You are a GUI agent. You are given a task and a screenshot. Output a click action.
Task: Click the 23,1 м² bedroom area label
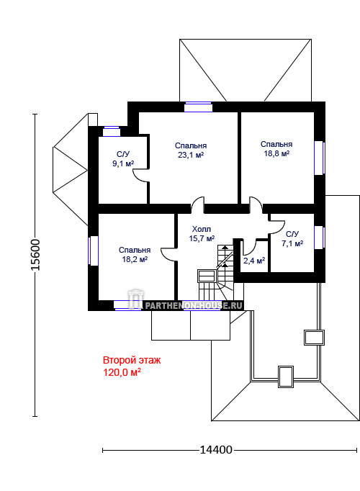[191, 155]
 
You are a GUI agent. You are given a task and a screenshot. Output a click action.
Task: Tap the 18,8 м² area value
[276, 153]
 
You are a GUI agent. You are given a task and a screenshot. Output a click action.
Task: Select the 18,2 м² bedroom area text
[135, 259]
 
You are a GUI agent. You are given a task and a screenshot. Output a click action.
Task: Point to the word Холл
[202, 229]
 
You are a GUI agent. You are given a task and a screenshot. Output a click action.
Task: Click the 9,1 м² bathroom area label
[123, 163]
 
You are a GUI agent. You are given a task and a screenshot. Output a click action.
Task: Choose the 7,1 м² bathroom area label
[292, 243]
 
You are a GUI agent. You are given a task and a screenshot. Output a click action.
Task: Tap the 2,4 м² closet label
[254, 261]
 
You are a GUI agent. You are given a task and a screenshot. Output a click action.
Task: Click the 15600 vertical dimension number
[36, 255]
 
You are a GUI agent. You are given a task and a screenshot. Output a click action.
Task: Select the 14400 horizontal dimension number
[216, 450]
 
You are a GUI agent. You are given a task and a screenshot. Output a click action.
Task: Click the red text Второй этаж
[132, 360]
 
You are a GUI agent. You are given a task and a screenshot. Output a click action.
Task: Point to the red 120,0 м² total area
[122, 372]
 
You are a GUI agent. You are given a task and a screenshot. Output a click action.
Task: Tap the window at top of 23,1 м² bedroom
[198, 107]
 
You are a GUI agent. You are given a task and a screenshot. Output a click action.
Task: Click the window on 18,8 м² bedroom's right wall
[320, 158]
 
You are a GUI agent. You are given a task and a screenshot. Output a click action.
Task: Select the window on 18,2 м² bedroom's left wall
[94, 251]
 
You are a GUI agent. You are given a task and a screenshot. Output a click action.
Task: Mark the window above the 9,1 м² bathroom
[112, 131]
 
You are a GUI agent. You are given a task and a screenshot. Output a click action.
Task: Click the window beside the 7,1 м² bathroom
[320, 238]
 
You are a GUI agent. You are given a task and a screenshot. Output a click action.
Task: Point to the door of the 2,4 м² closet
[250, 248]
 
